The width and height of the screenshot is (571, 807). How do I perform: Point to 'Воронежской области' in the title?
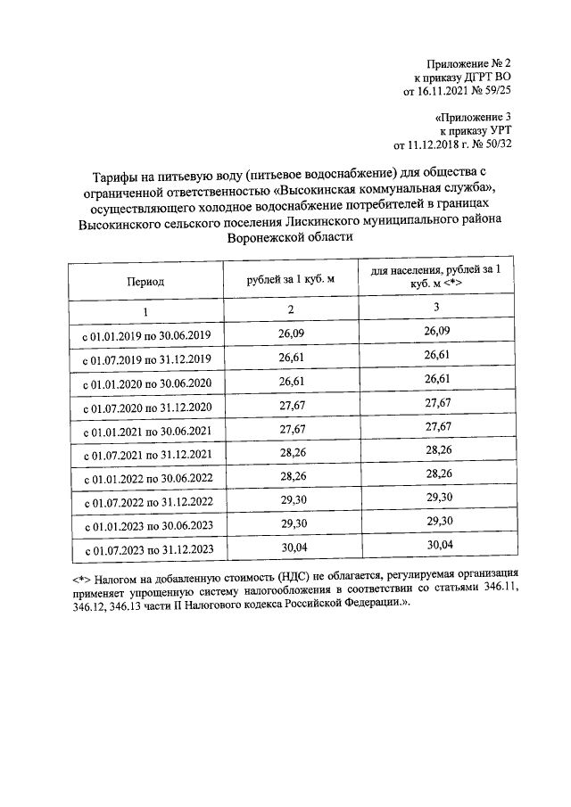point(290,238)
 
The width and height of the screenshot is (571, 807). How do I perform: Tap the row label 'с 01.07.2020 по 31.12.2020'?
point(146,408)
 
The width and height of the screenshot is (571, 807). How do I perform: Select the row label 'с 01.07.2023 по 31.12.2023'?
point(146,548)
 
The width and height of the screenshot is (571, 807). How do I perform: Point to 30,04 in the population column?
point(436,544)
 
